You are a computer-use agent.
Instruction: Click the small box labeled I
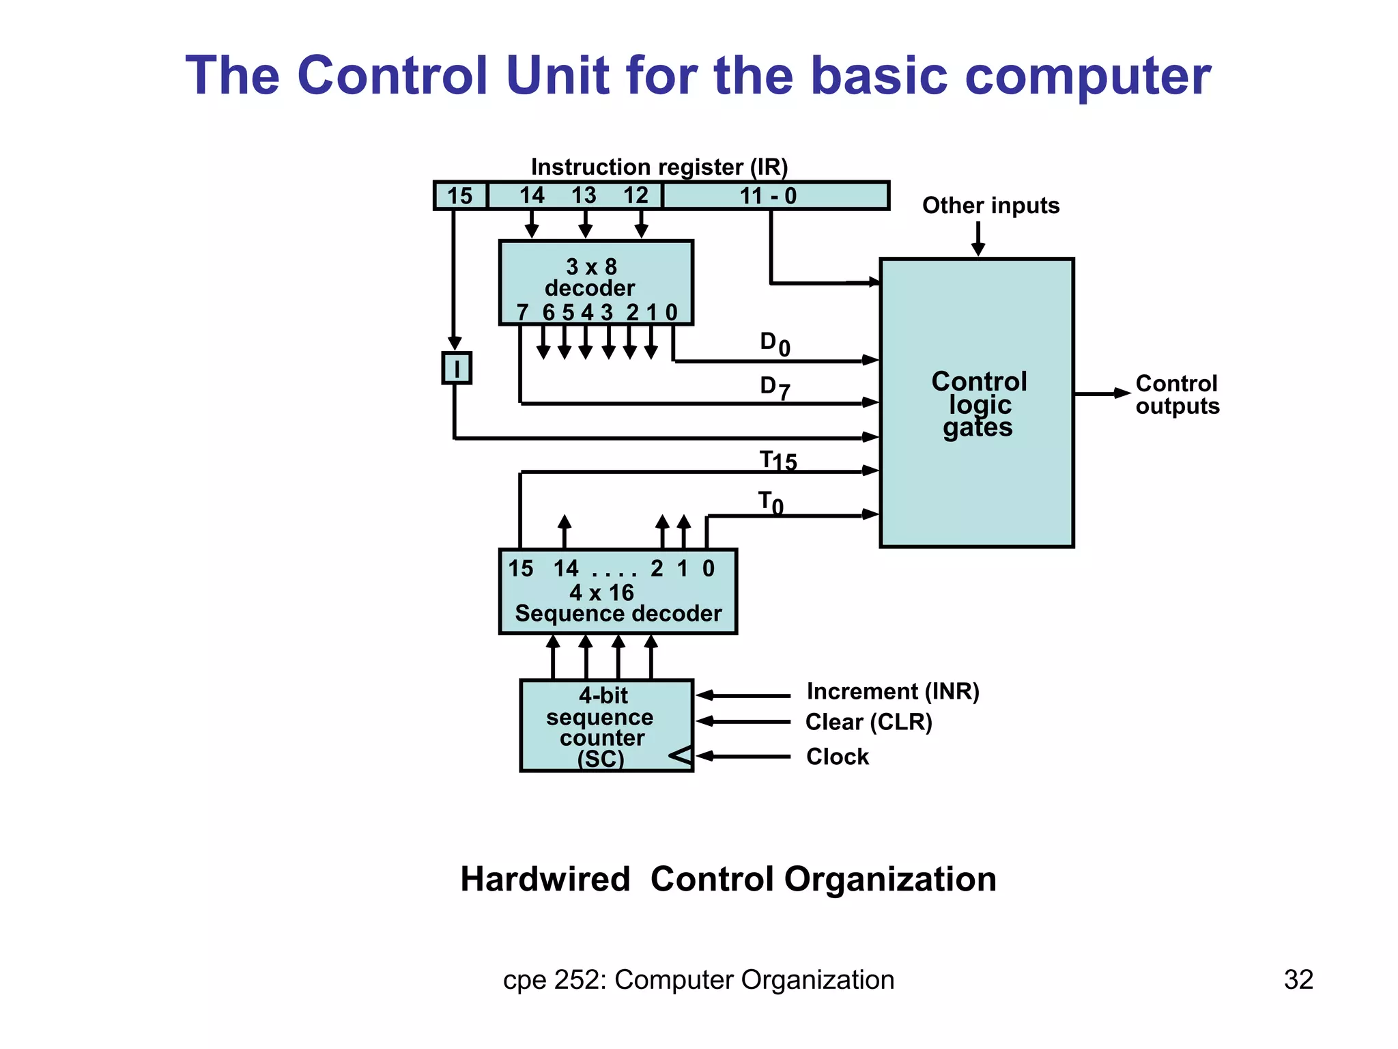pyautogui.click(x=456, y=368)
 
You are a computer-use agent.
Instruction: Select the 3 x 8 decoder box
pyautogui.click(x=595, y=282)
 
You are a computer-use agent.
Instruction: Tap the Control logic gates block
pyautogui.click(x=977, y=403)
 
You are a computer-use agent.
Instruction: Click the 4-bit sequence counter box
pyautogui.click(x=605, y=725)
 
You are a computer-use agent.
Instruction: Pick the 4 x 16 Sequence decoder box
pyautogui.click(x=618, y=591)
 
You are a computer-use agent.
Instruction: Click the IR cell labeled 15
pyautogui.click(x=461, y=196)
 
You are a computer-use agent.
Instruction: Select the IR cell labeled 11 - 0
pyautogui.click(x=775, y=196)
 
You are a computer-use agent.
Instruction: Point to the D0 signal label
pyautogui.click(x=775, y=344)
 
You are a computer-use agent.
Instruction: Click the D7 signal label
pyautogui.click(x=775, y=387)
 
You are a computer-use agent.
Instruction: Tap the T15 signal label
pyautogui.click(x=778, y=461)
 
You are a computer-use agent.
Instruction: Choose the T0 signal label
pyautogui.click(x=771, y=503)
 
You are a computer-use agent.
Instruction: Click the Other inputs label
pyautogui.click(x=990, y=206)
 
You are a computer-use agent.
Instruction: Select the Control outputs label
pyautogui.click(x=1177, y=395)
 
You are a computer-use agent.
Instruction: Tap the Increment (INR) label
pyautogui.click(x=893, y=692)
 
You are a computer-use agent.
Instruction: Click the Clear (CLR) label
pyautogui.click(x=868, y=722)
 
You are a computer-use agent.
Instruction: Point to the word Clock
pyautogui.click(x=838, y=757)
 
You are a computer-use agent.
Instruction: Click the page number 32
pyautogui.click(x=1298, y=979)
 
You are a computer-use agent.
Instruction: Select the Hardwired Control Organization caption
pyautogui.click(x=728, y=879)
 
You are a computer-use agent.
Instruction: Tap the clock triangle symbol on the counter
pyautogui.click(x=681, y=755)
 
